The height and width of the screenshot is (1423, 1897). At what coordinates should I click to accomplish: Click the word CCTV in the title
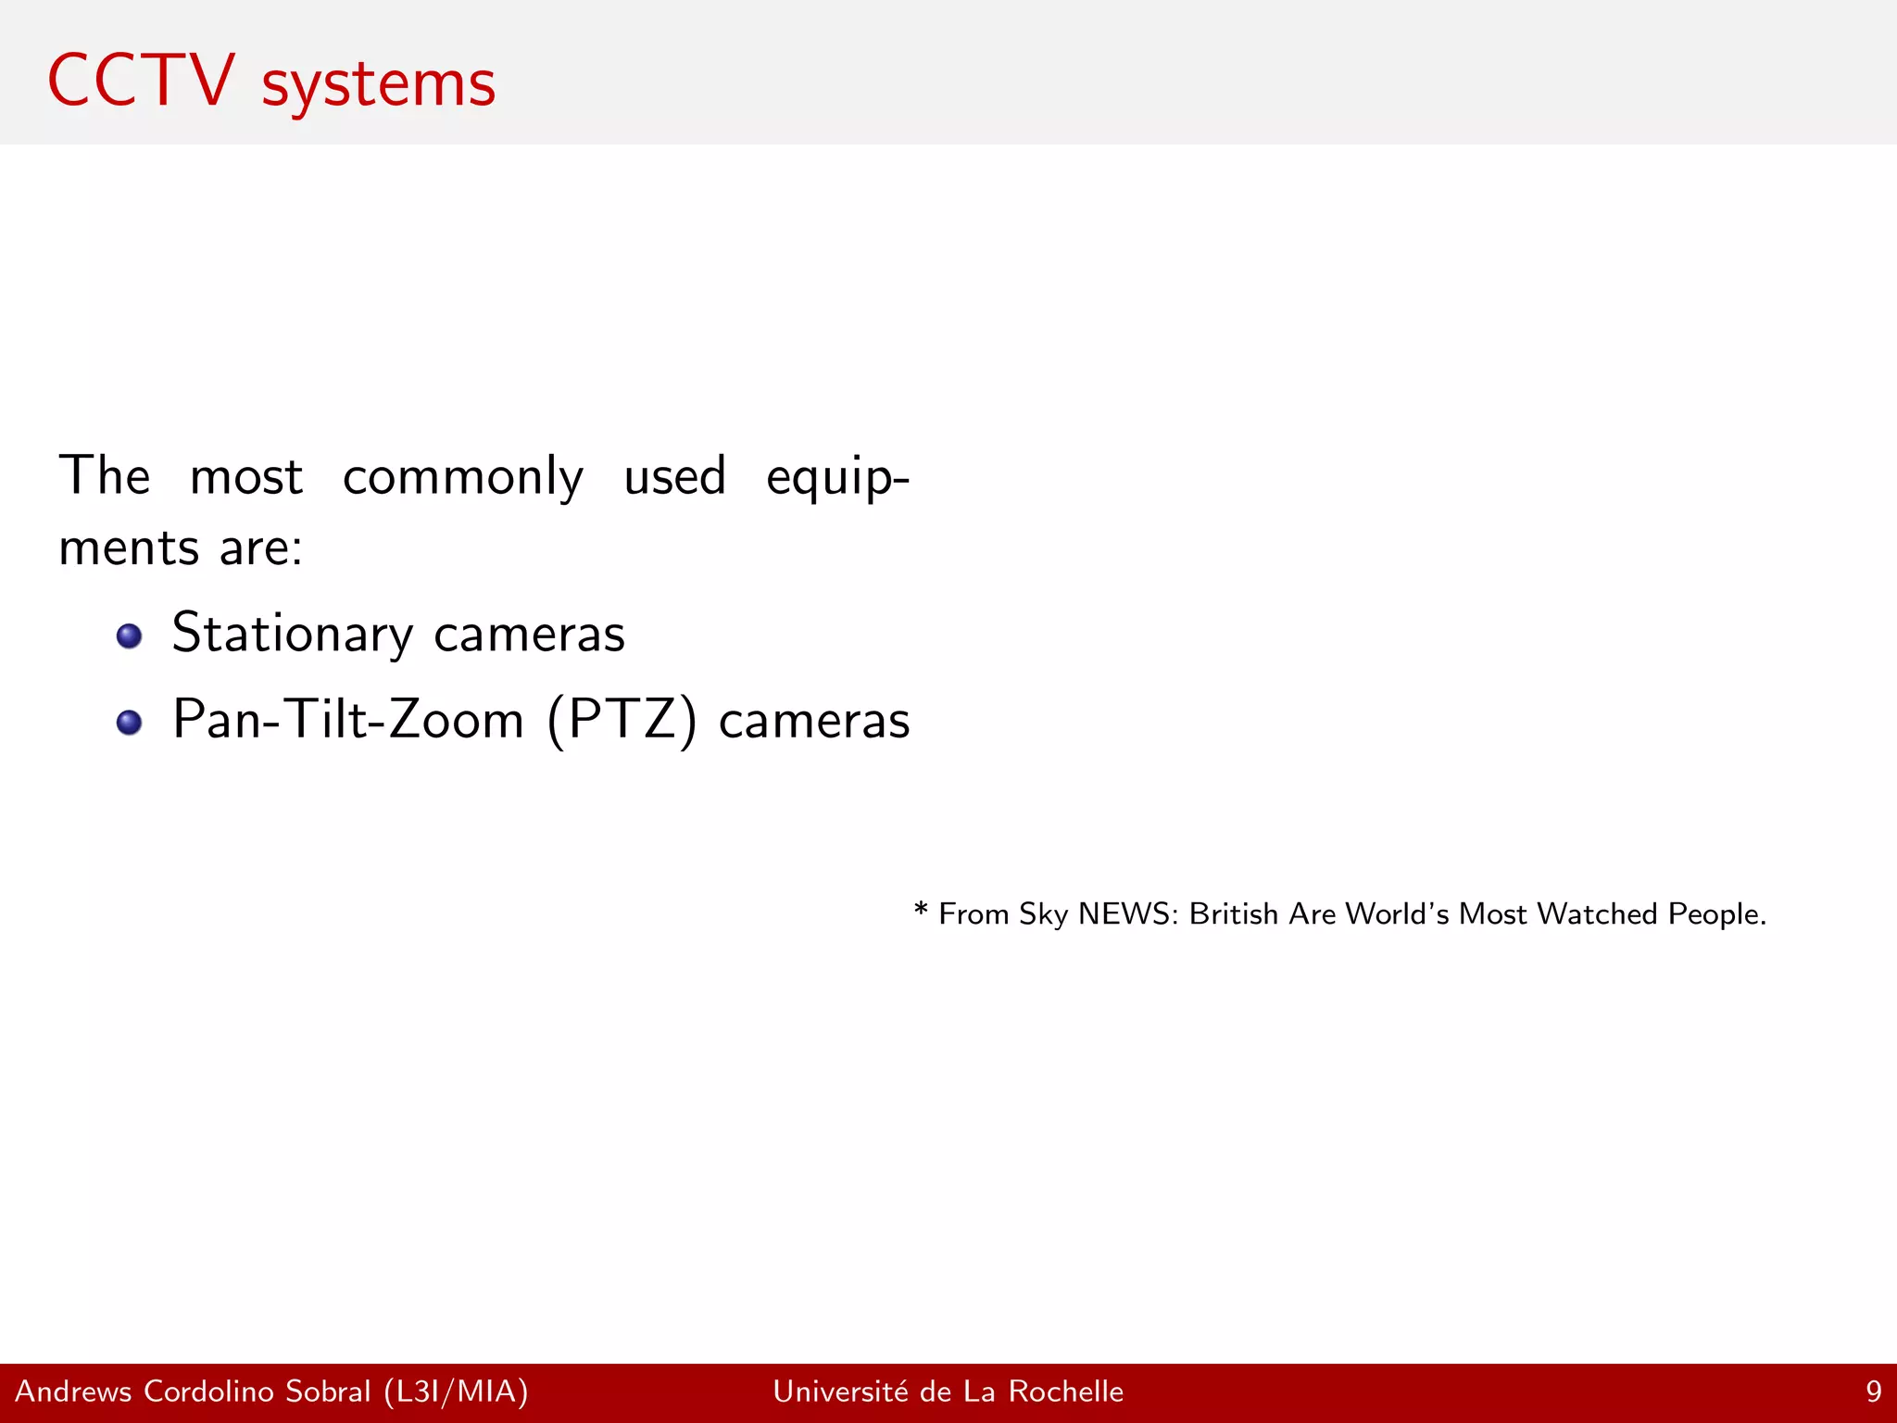[141, 82]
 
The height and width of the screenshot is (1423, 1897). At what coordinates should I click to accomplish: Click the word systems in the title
[378, 85]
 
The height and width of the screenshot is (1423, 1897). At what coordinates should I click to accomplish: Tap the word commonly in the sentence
[463, 478]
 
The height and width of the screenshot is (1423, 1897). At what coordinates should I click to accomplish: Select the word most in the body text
[246, 478]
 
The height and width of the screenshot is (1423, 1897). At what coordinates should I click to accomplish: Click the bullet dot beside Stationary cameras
[129, 636]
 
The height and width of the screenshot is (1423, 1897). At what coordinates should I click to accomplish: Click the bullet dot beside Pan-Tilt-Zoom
[129, 723]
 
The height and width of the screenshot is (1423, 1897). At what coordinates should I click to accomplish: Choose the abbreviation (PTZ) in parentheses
[622, 720]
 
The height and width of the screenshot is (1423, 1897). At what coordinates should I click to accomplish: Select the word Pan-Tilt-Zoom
[348, 720]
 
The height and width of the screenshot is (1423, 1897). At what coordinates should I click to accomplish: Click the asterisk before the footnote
[921, 910]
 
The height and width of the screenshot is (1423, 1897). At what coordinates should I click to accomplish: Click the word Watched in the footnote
[1597, 914]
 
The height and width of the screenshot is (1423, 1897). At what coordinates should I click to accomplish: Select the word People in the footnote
[1715, 914]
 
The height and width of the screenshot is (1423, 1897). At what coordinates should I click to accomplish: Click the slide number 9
[1873, 1392]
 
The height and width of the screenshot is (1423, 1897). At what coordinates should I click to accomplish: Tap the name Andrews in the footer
[74, 1392]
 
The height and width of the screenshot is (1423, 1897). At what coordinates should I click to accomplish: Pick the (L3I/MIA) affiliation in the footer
[456, 1392]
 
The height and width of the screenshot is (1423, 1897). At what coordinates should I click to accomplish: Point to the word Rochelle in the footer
[1065, 1392]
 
